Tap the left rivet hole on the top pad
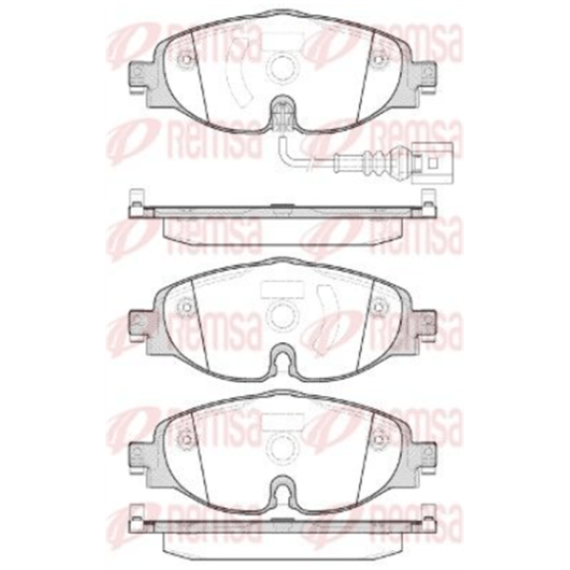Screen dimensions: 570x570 coord(186,59)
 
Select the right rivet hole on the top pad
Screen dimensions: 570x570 coord(381,59)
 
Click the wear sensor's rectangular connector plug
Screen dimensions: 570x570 coord(432,162)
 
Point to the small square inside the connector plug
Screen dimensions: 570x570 coord(432,164)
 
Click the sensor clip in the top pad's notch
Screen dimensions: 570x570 coord(282,116)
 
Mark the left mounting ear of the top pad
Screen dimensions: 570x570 coord(141,76)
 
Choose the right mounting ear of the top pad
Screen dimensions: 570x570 coord(426,76)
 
